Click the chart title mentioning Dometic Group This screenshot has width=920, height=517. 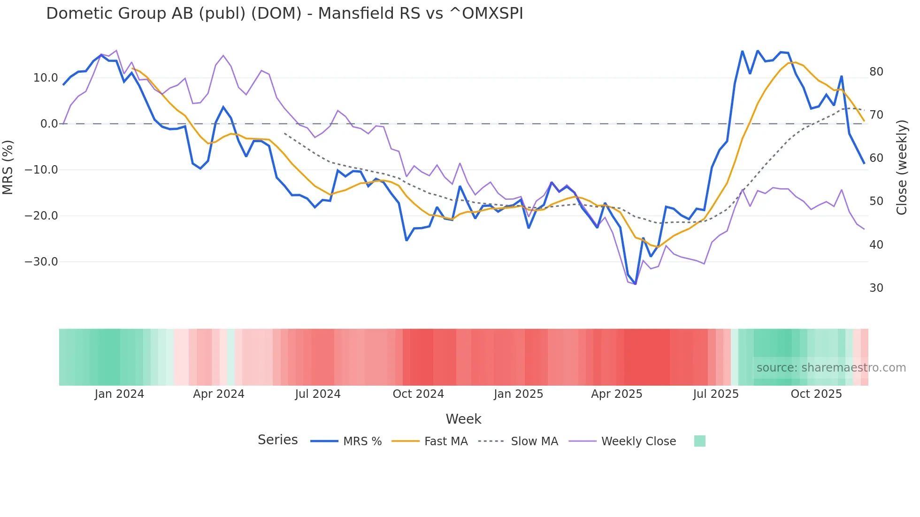tap(284, 14)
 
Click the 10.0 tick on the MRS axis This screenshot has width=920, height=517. tap(46, 78)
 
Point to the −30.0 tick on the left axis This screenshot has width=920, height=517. tap(41, 262)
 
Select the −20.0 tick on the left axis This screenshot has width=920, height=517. tap(41, 216)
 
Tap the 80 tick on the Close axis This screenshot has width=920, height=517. tap(876, 72)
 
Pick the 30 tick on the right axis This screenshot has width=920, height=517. tap(876, 288)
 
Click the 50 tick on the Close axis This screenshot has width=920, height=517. tap(876, 201)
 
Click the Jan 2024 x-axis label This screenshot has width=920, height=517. tap(119, 394)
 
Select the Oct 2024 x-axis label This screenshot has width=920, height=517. tap(418, 394)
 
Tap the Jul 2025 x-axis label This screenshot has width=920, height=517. tap(716, 394)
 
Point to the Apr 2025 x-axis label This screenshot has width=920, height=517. tap(616, 394)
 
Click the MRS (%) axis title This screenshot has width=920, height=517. tap(8, 167)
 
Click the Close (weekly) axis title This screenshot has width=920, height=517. tap(902, 167)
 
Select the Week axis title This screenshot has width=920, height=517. tap(463, 419)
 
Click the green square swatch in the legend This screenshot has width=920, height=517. tap(699, 441)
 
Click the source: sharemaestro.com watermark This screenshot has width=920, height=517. tap(831, 368)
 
